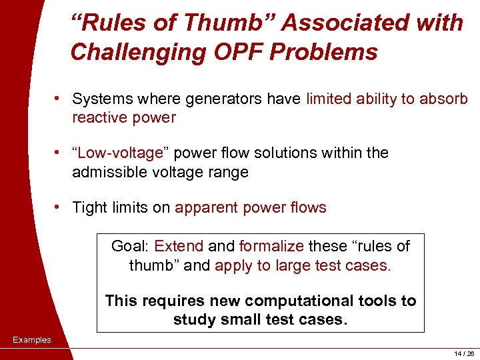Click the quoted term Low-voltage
121,153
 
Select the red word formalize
270,247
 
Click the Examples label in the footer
31,340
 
